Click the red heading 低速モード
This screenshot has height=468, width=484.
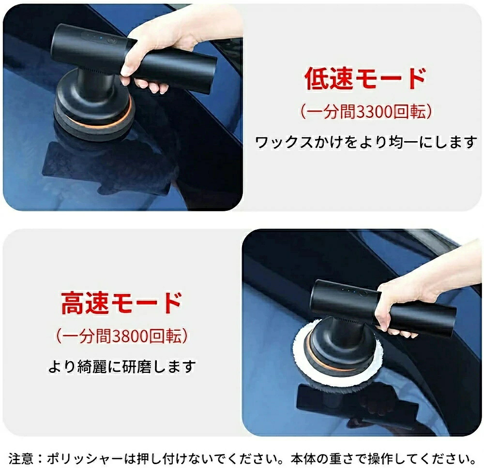[365, 79]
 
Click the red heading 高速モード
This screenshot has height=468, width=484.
[121, 303]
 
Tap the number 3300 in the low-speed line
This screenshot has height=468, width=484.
[375, 112]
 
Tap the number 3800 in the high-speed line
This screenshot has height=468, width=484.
[130, 336]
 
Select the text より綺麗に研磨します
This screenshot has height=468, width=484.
[122, 366]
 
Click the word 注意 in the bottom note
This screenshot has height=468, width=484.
[21, 458]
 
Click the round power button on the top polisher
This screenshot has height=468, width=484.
[111, 41]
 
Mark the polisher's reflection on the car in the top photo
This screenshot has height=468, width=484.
[108, 166]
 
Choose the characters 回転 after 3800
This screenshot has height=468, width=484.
[165, 336]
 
